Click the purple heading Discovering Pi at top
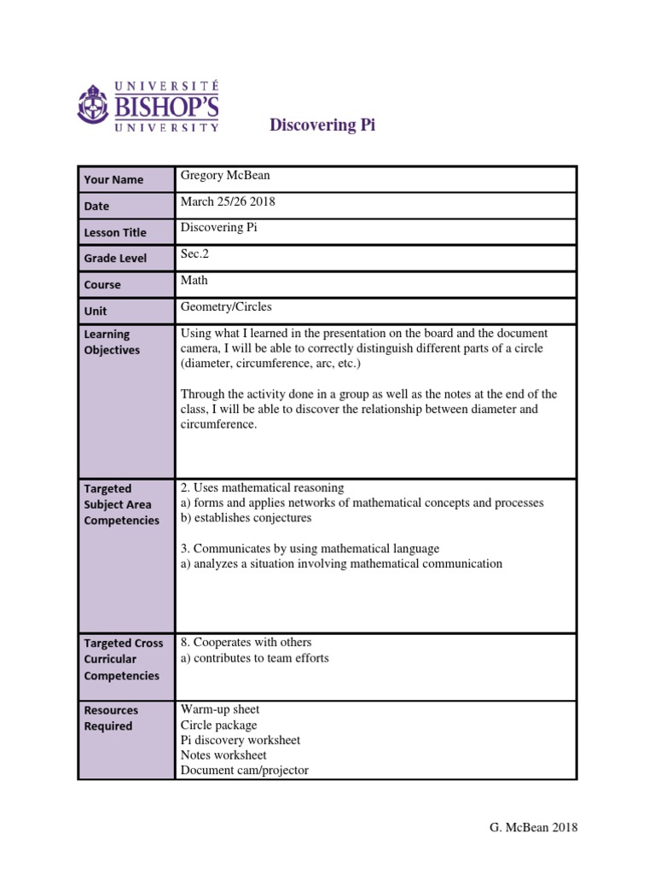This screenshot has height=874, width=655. point(322,125)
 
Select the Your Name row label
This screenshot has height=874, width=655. point(113,179)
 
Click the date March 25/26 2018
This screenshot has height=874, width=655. point(228,202)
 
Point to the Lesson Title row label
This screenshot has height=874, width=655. point(115,232)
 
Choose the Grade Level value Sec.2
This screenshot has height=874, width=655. point(194,253)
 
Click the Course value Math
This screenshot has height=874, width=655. point(194,280)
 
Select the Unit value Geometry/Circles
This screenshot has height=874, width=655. point(226,306)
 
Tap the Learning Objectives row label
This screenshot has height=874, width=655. point(107,342)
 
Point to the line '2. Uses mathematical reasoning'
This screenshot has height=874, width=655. point(263,487)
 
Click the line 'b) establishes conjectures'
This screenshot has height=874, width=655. point(246,517)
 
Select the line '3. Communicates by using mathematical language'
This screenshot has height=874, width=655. point(310,548)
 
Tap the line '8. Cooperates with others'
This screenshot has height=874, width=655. point(246,642)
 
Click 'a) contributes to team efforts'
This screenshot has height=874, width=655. point(254,657)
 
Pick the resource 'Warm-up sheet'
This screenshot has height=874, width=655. point(220,709)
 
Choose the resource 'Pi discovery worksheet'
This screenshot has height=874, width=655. point(241,740)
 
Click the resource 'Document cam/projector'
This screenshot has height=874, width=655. point(244,770)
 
